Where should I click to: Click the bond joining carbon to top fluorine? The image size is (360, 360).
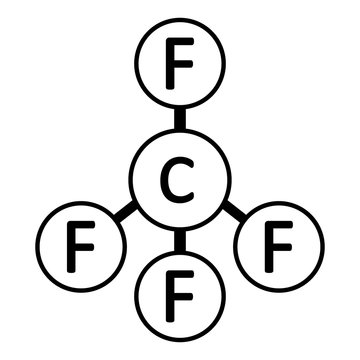[180, 120]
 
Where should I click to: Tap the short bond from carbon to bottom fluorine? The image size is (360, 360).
[180, 241]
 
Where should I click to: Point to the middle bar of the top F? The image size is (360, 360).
[181, 65]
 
